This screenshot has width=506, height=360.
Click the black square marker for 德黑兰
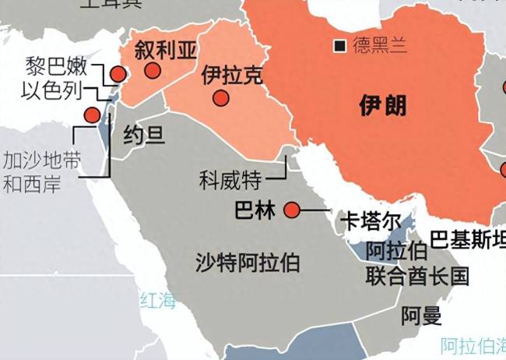tap(339, 46)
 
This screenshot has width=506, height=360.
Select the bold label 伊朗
tap(383, 105)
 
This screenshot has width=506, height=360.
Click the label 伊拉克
tap(232, 76)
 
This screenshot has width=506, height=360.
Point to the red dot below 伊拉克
tap(221, 98)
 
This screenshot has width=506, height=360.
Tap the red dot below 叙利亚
tap(153, 70)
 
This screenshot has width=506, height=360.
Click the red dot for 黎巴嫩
tap(118, 74)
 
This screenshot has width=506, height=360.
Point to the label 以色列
tap(51, 90)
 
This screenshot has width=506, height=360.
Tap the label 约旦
tap(144, 136)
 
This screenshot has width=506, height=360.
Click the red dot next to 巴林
tap(292, 210)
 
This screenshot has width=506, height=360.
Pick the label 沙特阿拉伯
tap(248, 263)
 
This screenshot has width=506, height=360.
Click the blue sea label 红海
tap(158, 300)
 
